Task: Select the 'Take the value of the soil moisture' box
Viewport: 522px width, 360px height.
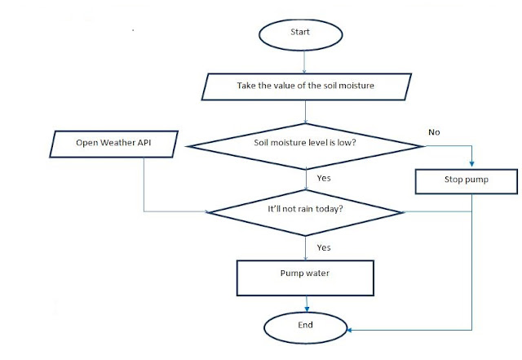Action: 306,85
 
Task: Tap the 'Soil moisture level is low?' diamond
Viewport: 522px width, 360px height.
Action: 306,146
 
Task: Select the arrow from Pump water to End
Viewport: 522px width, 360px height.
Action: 306,303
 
